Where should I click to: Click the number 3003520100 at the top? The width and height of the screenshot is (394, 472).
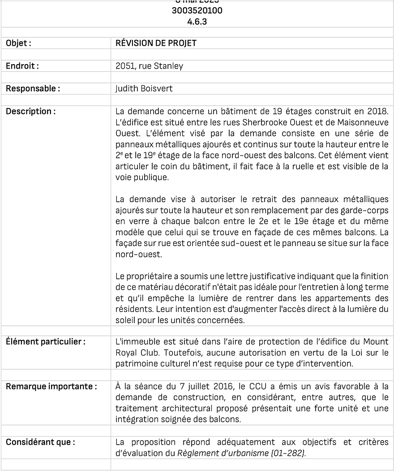[x=197, y=11]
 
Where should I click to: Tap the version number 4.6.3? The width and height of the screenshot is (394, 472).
[x=197, y=21]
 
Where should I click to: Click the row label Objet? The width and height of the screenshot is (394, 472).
[x=18, y=43]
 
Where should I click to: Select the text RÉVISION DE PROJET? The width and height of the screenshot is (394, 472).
[x=156, y=43]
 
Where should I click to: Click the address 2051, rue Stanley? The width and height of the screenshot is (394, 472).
[x=149, y=66]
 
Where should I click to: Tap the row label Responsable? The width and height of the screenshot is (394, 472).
[x=33, y=88]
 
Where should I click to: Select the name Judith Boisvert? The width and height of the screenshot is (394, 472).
[x=144, y=88]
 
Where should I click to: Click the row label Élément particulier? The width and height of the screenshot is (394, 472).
[x=46, y=342]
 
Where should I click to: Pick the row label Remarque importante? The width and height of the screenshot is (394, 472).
[x=51, y=386]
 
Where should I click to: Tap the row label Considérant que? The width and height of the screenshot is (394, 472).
[x=40, y=442]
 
